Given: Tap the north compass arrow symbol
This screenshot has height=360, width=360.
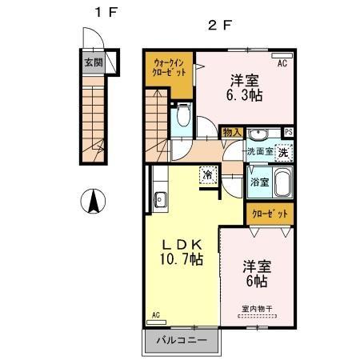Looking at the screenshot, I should [94, 201].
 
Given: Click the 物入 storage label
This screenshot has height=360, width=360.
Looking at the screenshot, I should [231, 132].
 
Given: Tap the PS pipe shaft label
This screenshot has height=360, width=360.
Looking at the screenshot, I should [288, 133].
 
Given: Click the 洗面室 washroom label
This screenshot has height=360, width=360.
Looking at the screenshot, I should [259, 150].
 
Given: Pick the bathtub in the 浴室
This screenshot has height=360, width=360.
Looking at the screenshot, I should [282, 183].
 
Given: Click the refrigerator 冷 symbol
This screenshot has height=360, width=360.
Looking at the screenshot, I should [207, 174].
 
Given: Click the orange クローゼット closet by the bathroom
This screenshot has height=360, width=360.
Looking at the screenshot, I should [269, 214].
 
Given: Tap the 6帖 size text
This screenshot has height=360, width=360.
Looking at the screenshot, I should [257, 282].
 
